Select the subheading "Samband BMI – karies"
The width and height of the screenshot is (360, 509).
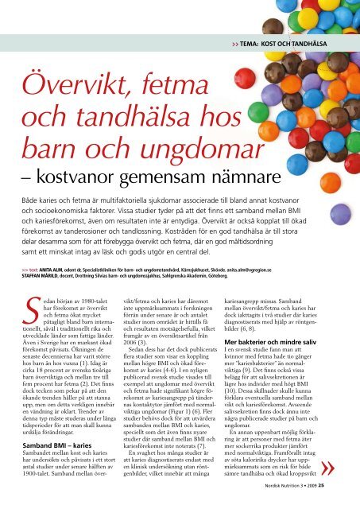pyautogui.click(x=54, y=450)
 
